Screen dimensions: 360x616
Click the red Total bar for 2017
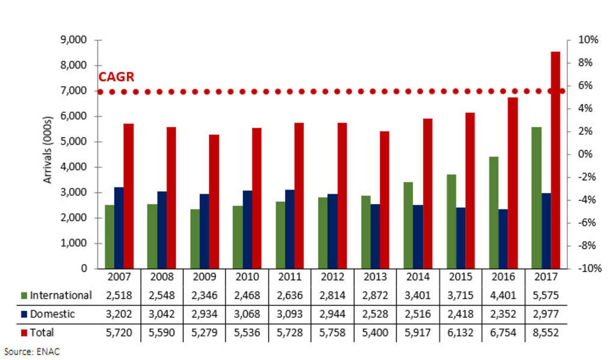tap(555, 160)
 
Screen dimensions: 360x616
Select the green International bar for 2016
tap(493, 213)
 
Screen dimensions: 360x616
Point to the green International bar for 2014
tap(408, 225)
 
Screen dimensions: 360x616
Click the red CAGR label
tap(116, 77)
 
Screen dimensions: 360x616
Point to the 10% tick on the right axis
tap(588, 40)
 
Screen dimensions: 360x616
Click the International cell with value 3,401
tap(417, 295)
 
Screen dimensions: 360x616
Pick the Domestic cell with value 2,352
tap(503, 314)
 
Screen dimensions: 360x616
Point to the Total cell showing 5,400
tap(375, 332)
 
